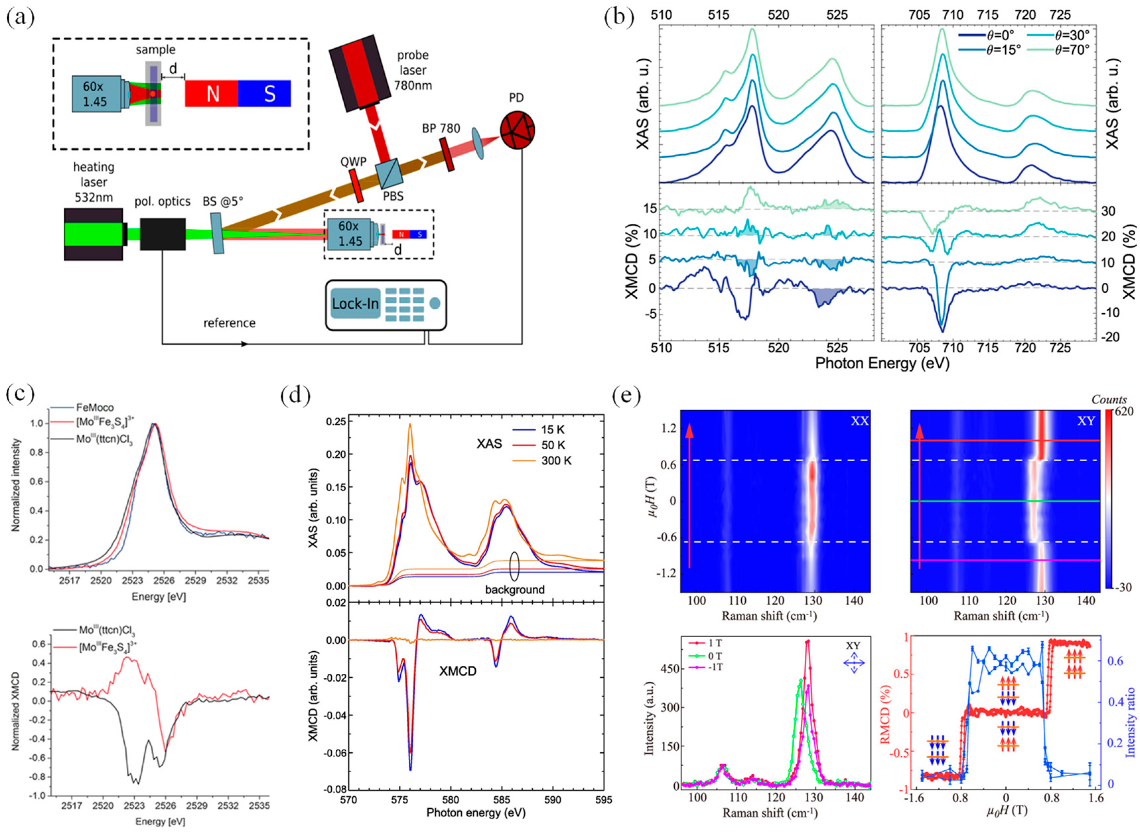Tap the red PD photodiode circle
pos(517,130)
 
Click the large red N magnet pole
pos(212,93)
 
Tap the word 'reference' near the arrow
pos(230,323)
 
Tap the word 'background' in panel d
pos(514,590)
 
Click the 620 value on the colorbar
pos(1124,412)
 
